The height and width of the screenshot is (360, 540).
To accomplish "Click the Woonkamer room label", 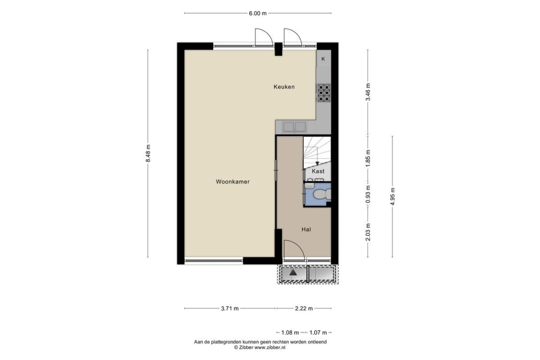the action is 233,182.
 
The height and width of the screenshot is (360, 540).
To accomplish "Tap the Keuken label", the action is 284,87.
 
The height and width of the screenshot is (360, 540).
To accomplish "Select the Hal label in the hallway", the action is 306,229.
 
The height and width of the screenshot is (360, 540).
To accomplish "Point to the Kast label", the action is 318,171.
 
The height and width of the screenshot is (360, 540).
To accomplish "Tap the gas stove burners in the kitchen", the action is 324,93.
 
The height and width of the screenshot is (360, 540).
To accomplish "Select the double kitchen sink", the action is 294,127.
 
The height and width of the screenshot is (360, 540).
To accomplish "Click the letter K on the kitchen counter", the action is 323,59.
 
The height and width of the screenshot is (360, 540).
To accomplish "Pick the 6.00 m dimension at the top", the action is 258,13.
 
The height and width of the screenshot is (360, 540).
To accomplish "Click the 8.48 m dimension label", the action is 148,153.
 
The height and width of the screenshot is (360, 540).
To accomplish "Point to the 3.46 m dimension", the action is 368,92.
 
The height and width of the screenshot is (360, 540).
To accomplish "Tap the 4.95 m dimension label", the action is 392,197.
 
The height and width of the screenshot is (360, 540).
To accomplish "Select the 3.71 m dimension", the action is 230,308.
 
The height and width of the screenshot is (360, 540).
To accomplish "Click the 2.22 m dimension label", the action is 304,308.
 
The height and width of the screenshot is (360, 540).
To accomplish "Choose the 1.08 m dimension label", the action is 290,333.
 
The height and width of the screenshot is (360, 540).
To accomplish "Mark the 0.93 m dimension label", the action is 368,194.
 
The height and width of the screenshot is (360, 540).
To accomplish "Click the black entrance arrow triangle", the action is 292,272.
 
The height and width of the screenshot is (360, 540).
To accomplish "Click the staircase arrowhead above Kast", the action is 317,163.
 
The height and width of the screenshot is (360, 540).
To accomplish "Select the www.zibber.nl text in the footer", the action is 270,347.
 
